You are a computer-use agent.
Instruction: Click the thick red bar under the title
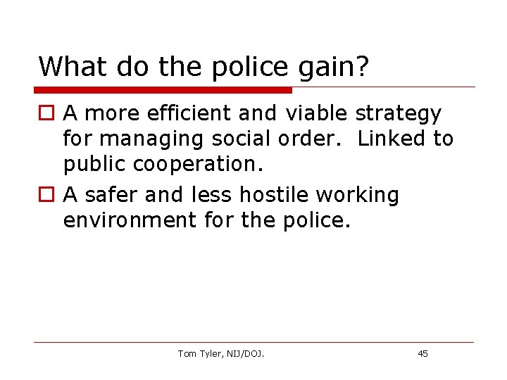(x=163, y=90)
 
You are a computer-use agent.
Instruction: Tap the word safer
(x=113, y=194)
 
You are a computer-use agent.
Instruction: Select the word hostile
(x=275, y=194)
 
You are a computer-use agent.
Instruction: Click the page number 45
(x=423, y=353)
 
